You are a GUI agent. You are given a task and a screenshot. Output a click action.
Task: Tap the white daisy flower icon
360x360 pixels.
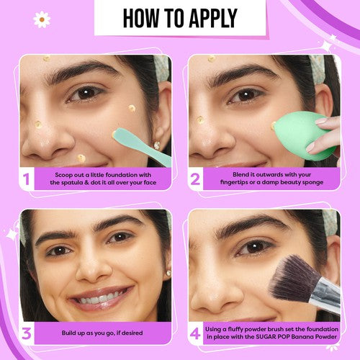pyautogui.click(x=42, y=19)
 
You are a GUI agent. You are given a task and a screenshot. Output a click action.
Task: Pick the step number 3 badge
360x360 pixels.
pyautogui.click(x=26, y=333)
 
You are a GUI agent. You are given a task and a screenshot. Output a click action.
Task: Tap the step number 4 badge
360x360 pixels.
pyautogui.click(x=195, y=333)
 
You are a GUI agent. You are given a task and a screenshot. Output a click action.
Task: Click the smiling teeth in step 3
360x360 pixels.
pyautogui.click(x=99, y=297)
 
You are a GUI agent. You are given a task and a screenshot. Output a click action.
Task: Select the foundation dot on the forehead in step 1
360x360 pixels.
pyautogui.click(x=46, y=58)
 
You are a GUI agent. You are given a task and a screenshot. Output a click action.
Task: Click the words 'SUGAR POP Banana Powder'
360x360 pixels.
pyautogui.click(x=303, y=337)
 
